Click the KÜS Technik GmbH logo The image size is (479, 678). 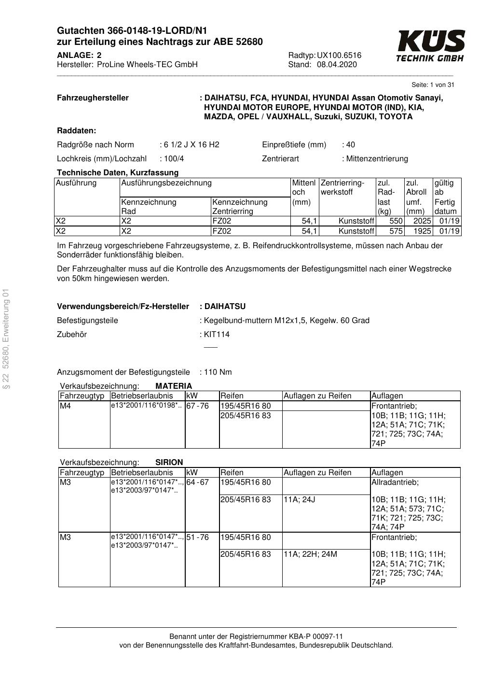[430, 46]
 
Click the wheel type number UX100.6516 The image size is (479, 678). [339, 55]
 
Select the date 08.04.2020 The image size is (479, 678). [337, 65]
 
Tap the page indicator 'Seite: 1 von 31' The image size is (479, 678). [433, 85]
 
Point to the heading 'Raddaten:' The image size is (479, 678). [76, 130]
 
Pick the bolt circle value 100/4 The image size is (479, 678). [174, 158]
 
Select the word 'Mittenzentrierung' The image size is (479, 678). [377, 158]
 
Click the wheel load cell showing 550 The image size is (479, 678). [396, 221]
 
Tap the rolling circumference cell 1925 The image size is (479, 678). [422, 231]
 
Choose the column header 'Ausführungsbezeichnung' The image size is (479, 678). [166, 183]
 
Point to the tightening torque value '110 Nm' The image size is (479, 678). [218, 372]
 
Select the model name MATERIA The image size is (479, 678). [174, 386]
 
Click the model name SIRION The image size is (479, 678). [169, 462]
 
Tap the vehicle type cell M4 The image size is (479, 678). [65, 406]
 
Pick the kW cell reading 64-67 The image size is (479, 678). [197, 482]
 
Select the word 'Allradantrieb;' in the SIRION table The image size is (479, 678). [395, 482]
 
